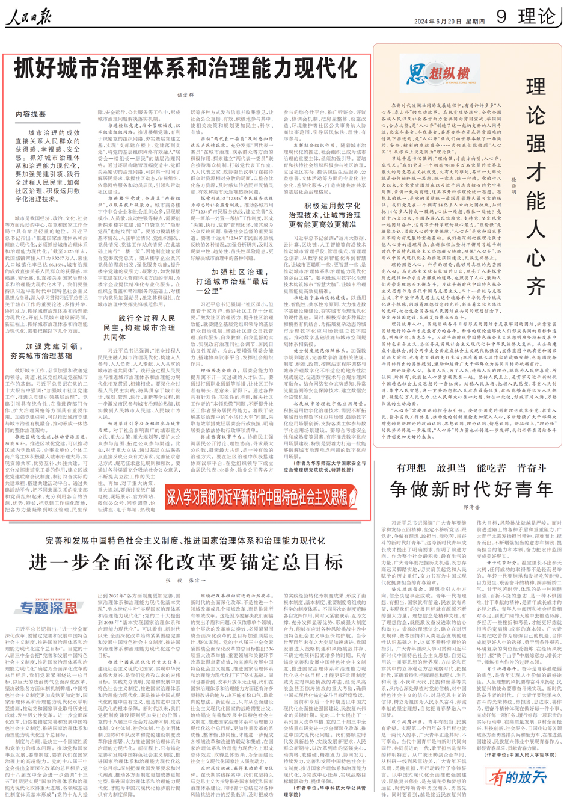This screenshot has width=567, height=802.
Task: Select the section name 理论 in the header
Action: pyautogui.click(x=537, y=16)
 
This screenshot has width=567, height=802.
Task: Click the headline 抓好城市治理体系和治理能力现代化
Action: pyautogui.click(x=186, y=68)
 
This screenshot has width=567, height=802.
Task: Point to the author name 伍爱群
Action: pyautogui.click(x=186, y=95)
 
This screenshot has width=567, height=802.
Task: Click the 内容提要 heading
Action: pyautogui.click(x=31, y=114)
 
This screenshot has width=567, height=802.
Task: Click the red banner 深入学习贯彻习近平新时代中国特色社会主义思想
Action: pyautogui.click(x=262, y=497)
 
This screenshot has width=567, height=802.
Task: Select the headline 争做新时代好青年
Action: pyautogui.click(x=471, y=488)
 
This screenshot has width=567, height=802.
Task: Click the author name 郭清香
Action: pyautogui.click(x=471, y=507)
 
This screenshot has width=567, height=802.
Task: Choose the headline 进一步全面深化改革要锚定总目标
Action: pyautogui.click(x=186, y=562)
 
